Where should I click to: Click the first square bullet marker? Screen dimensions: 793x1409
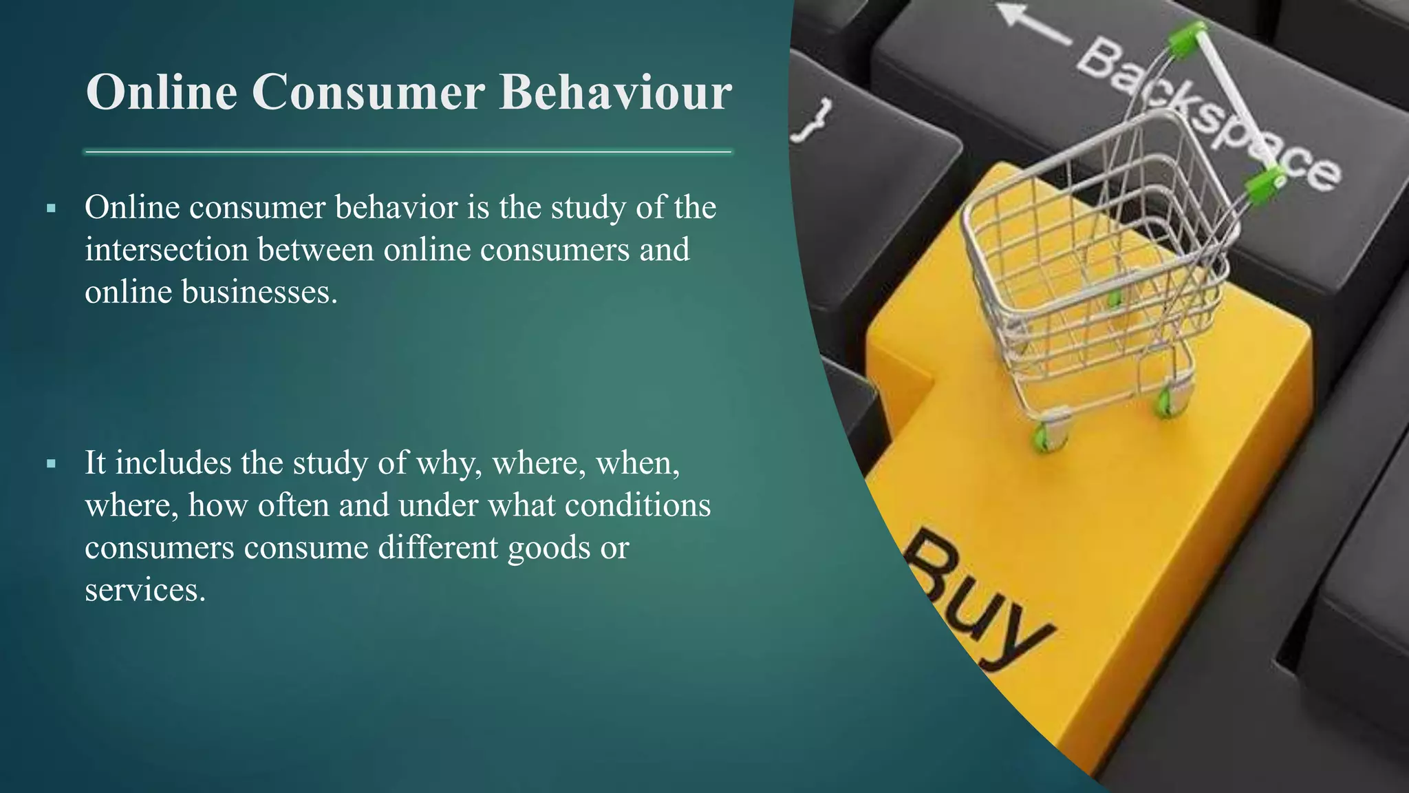click(51, 208)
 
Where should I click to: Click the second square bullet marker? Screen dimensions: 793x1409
click(51, 464)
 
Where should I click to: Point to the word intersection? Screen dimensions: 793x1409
click(166, 249)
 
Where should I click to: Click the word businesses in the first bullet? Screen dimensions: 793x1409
click(259, 292)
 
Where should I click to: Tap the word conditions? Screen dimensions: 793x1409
click(638, 505)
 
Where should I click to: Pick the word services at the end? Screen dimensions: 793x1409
click(144, 590)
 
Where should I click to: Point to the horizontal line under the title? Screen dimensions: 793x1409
click(407, 152)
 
